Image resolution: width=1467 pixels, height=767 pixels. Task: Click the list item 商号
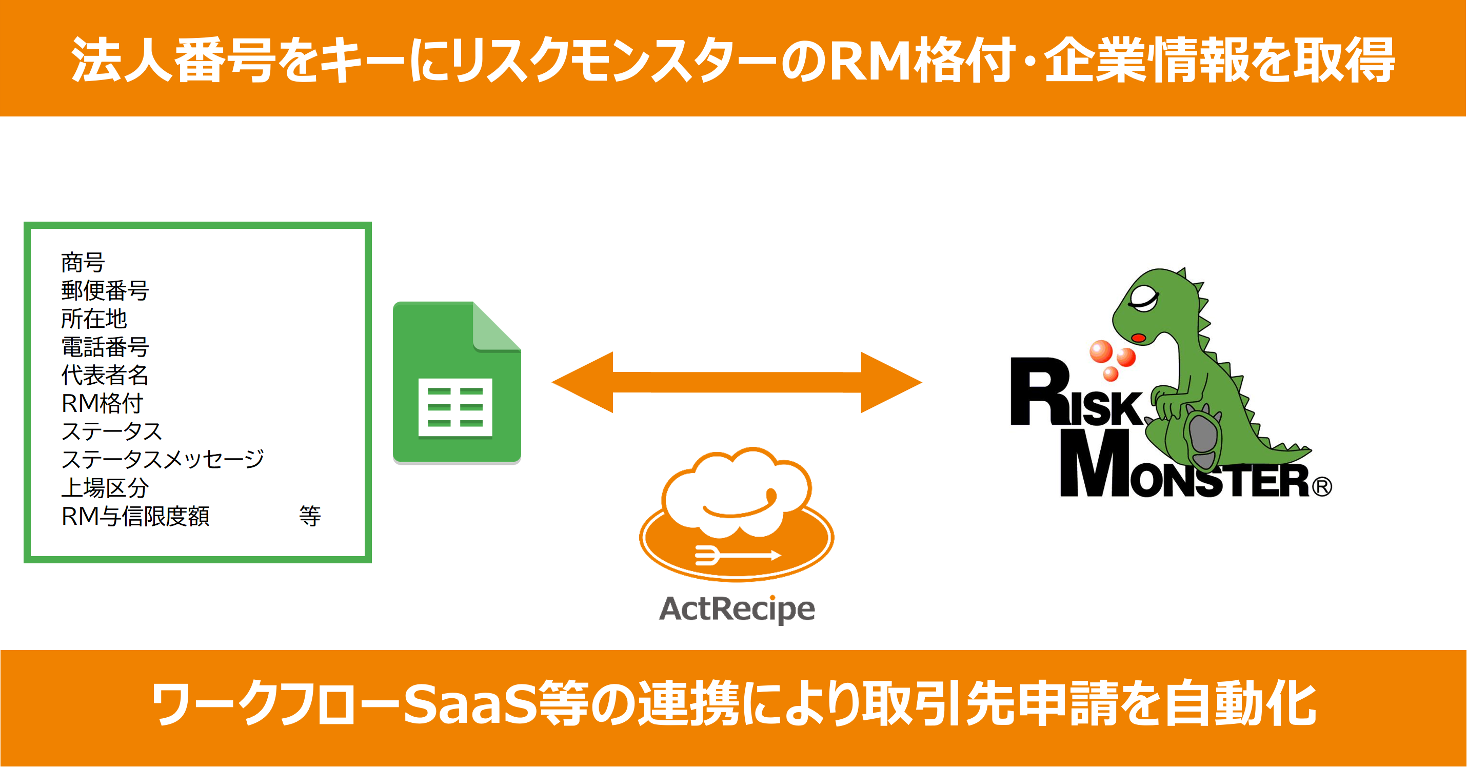point(83,263)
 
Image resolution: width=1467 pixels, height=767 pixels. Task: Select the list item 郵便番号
point(105,290)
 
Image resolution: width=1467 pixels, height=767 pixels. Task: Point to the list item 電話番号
point(105,347)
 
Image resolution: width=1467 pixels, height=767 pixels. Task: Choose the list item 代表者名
point(105,375)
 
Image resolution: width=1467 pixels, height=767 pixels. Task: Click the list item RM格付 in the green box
point(102,403)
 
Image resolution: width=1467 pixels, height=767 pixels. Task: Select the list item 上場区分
point(105,487)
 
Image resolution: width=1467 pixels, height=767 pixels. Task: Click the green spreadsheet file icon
point(457,382)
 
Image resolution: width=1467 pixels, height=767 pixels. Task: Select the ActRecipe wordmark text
point(737,608)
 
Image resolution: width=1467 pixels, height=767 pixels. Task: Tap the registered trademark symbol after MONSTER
point(1322,487)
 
